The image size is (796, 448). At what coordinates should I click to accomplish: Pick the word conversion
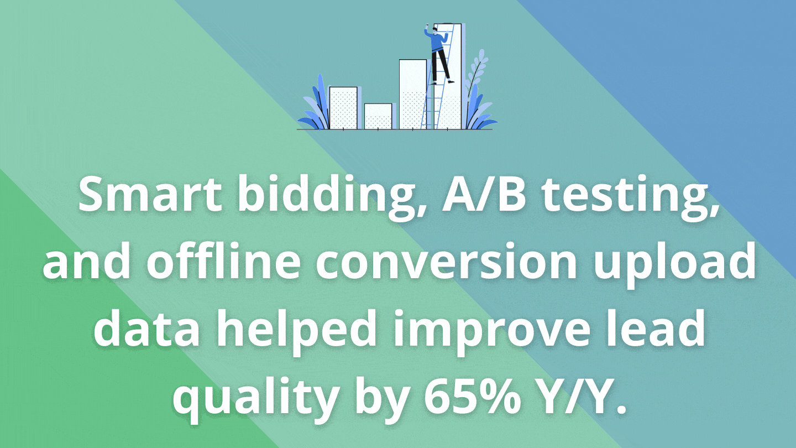pos(446,263)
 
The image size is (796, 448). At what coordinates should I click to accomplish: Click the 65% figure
pos(472,396)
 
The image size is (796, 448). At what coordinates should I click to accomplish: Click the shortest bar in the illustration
pos(378,116)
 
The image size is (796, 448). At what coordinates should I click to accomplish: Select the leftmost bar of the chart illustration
pos(343,108)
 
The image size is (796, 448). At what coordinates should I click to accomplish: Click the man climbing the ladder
pos(438,54)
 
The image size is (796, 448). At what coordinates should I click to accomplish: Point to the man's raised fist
pos(426,27)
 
